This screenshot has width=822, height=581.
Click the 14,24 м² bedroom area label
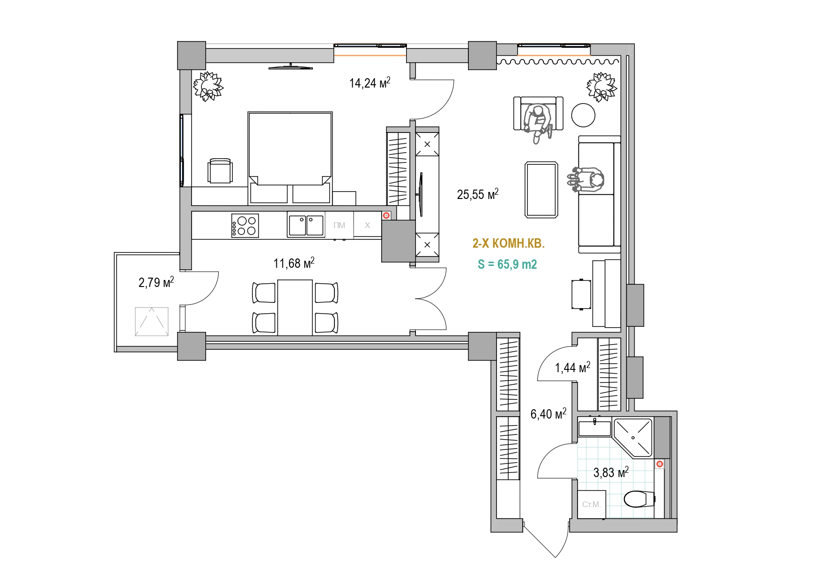[370, 83]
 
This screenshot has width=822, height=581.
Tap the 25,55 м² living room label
[477, 194]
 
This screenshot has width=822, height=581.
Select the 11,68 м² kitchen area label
[294, 263]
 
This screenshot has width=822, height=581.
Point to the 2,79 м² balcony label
[156, 282]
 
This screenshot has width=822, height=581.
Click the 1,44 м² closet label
[572, 368]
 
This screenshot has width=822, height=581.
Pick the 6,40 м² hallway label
[548, 414]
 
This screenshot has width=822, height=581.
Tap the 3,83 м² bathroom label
[611, 472]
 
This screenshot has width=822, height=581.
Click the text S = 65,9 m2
[507, 265]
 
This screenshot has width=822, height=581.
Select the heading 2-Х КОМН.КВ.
[509, 243]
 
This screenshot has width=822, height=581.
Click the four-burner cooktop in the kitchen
[245, 225]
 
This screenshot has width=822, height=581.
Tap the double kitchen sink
[306, 225]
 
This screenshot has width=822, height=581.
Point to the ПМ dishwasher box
[340, 225]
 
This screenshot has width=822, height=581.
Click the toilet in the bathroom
[639, 499]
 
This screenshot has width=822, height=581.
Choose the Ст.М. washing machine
[592, 504]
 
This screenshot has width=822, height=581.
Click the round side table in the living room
[583, 115]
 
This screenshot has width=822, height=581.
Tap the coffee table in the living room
[541, 190]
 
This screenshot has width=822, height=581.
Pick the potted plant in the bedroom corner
[208, 86]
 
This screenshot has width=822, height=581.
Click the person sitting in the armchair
[538, 122]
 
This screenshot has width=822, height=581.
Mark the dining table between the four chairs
[295, 308]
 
